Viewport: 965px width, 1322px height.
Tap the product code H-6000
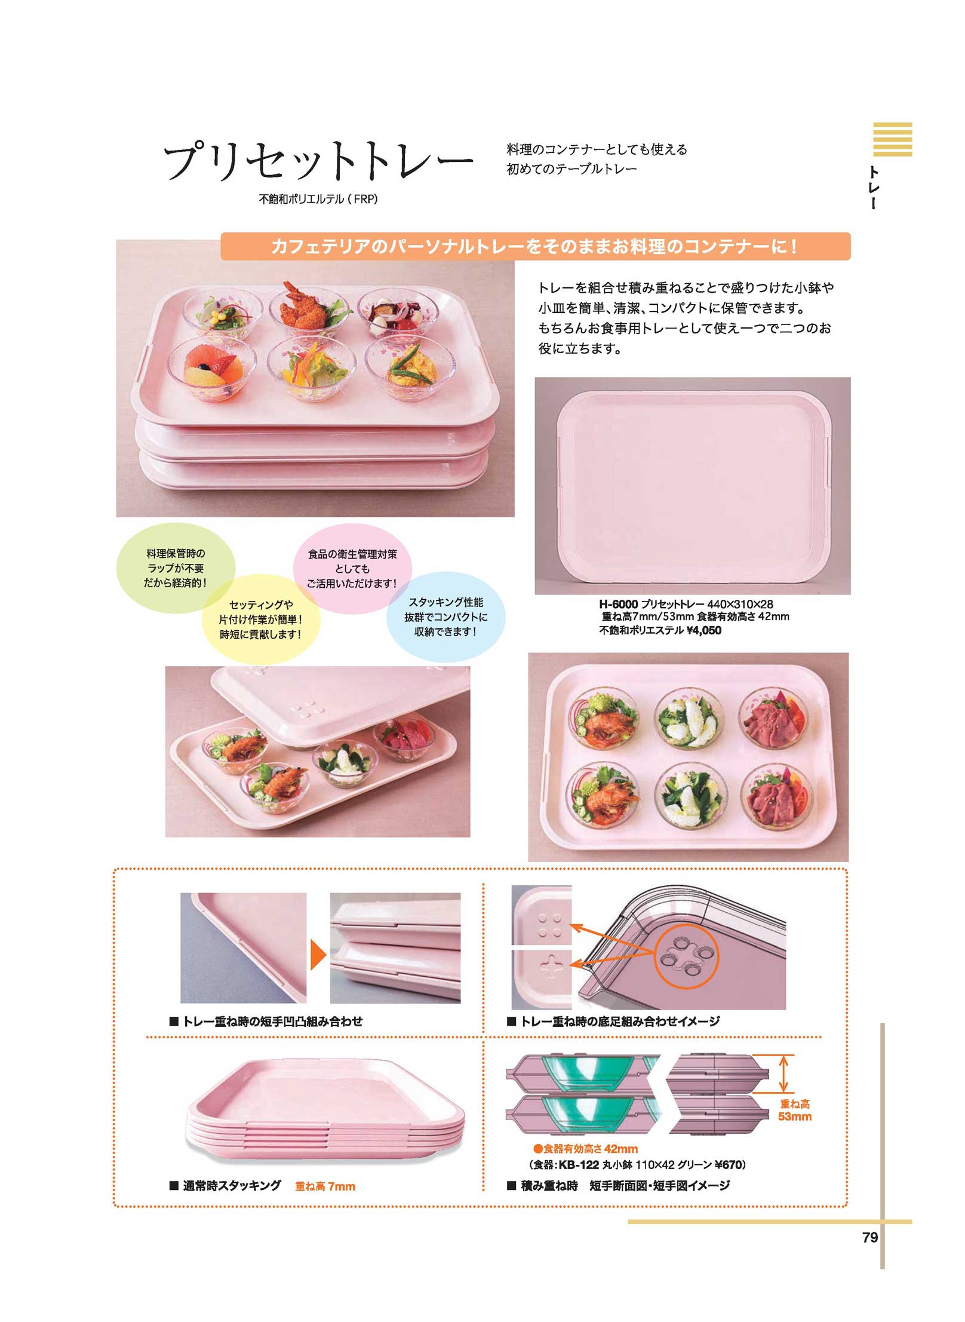tap(618, 604)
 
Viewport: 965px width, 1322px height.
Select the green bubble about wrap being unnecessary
tap(175, 568)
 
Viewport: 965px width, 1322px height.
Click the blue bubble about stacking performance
tap(445, 616)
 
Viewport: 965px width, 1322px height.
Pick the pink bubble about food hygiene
tap(352, 569)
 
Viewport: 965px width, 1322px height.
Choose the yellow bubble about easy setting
tap(260, 619)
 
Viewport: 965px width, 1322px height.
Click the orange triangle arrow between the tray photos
tap(318, 955)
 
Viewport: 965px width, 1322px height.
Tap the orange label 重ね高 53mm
tap(794, 1109)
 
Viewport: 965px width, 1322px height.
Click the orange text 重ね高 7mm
tap(325, 1186)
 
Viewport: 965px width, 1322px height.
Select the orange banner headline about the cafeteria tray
tap(534, 246)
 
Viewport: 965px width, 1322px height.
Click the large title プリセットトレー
tap(318, 161)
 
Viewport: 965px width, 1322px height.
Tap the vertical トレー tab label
tap(873, 188)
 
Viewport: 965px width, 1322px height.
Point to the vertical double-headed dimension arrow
tap(783, 1073)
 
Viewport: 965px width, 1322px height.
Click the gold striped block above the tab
tap(892, 139)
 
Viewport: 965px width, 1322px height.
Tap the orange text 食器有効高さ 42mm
tap(585, 1148)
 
